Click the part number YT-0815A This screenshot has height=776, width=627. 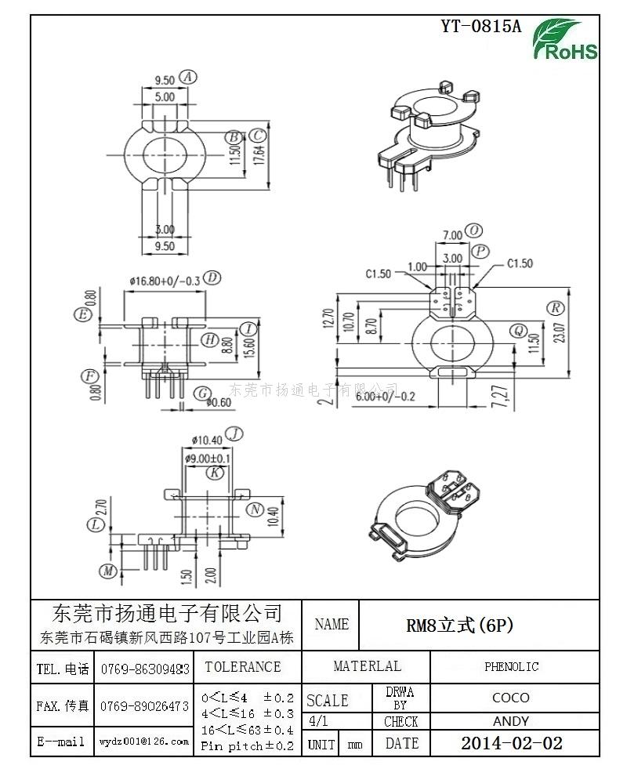480,26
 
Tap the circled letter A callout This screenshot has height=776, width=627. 187,77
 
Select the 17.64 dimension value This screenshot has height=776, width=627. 259,145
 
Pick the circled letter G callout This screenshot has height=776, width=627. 202,392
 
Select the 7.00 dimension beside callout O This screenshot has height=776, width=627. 452,235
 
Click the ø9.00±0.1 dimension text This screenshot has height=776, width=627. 208,458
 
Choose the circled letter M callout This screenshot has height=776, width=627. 107,570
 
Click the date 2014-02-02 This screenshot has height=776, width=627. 512,743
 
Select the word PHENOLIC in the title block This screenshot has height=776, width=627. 511,667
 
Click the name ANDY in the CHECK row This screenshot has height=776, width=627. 510,721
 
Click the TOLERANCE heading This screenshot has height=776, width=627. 242,667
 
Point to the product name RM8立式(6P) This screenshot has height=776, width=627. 459,625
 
